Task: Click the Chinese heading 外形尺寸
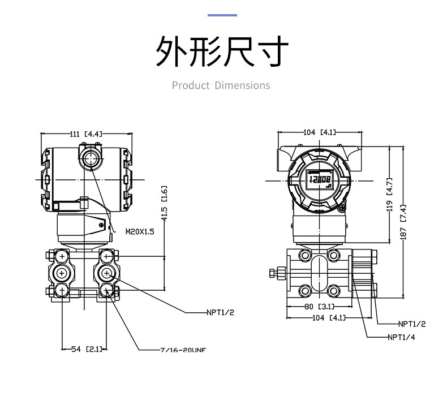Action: [x=222, y=53]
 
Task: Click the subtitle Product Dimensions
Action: [x=221, y=85]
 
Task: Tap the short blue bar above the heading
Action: [x=222, y=15]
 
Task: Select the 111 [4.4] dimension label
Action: [x=85, y=134]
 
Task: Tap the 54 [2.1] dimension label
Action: [x=86, y=349]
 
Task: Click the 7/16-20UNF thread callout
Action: [x=182, y=350]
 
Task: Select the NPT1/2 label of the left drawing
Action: [x=220, y=312]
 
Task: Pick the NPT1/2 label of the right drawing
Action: [x=411, y=324]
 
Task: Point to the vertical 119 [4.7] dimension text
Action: [x=389, y=198]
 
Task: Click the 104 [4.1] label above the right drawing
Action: [x=320, y=132]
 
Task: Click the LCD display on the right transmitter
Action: [x=319, y=180]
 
